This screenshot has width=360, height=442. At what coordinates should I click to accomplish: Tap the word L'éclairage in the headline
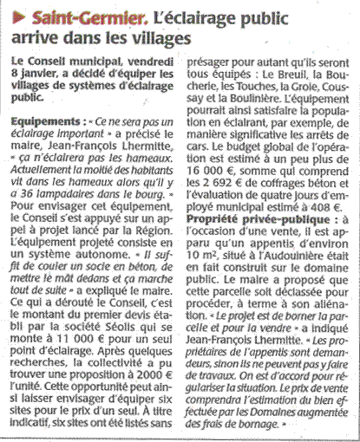(163, 18)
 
